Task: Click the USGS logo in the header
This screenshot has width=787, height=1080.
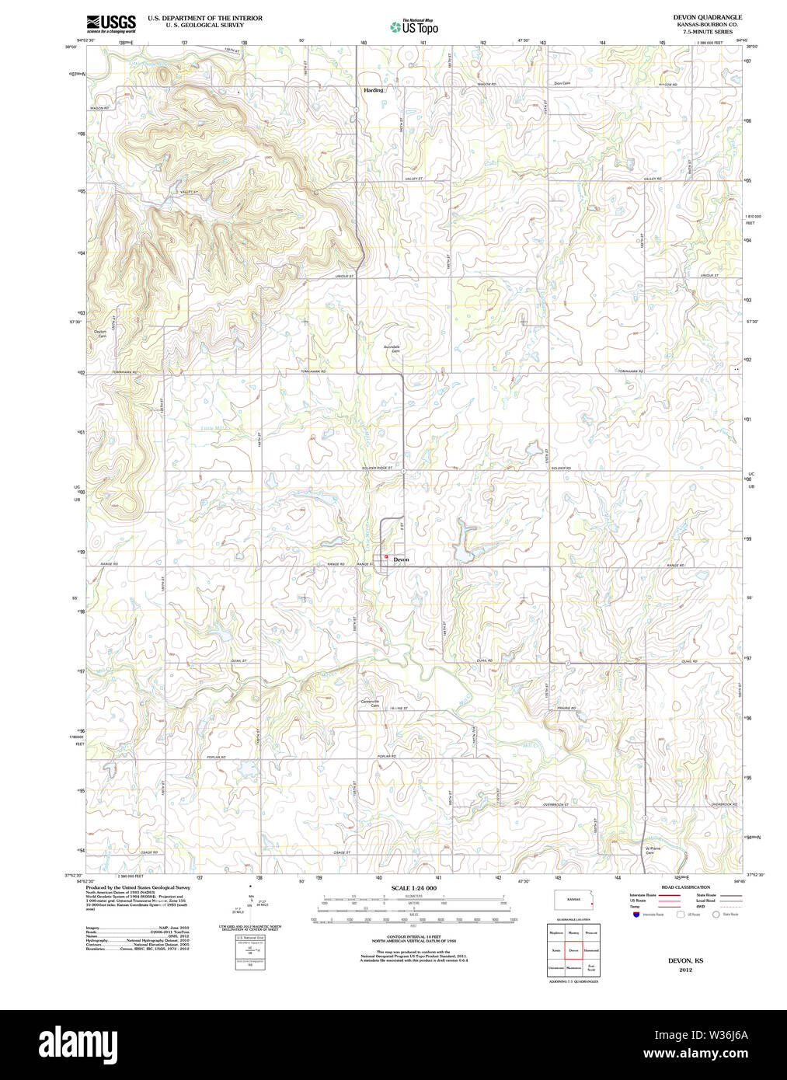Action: (x=111, y=23)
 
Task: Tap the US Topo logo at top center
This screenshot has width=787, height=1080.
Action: (x=414, y=27)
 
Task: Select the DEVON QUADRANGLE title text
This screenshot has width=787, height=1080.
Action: (x=707, y=17)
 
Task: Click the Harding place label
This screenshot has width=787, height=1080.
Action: (x=374, y=90)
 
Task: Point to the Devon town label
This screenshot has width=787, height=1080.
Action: (x=401, y=559)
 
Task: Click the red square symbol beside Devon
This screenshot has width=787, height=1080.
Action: (x=386, y=556)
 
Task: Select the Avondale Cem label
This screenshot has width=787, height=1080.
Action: (x=392, y=349)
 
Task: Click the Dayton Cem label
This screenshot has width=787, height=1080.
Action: (x=100, y=334)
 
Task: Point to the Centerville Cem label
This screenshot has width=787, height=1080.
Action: (x=370, y=703)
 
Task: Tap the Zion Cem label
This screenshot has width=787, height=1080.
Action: (x=562, y=83)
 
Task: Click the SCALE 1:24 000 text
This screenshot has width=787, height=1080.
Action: (x=413, y=888)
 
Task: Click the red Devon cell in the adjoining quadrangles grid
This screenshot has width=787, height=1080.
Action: (x=573, y=950)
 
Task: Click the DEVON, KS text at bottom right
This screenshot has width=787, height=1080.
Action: (x=685, y=961)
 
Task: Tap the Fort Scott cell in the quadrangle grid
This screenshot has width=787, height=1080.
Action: (x=591, y=968)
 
